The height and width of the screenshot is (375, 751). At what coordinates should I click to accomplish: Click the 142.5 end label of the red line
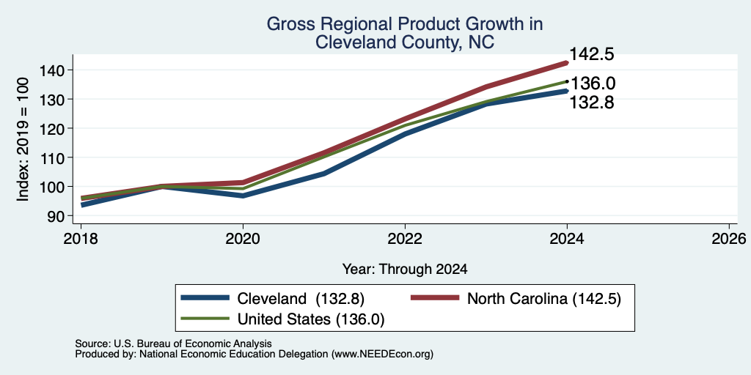[592, 54]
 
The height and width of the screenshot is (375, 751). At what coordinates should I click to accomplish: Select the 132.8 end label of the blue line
[592, 103]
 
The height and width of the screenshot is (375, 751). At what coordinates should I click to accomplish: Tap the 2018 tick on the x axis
[81, 239]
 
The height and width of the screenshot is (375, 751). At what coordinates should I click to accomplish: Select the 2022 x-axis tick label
[405, 239]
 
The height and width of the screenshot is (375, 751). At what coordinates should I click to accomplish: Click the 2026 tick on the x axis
[729, 239]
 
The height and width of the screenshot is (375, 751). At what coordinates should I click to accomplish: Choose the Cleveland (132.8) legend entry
[274, 299]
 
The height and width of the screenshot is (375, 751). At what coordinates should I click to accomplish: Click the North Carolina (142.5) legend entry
[516, 299]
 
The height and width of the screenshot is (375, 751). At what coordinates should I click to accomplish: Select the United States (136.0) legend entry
[282, 319]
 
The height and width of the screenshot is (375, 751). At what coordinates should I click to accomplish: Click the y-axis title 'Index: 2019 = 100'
[23, 140]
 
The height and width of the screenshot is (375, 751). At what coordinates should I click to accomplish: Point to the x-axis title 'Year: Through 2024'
[405, 270]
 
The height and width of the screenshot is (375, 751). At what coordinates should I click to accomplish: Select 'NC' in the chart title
[481, 42]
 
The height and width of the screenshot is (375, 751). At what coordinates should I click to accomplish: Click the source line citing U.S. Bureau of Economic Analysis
[173, 344]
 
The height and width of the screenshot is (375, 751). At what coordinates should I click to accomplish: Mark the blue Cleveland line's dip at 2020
[243, 196]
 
